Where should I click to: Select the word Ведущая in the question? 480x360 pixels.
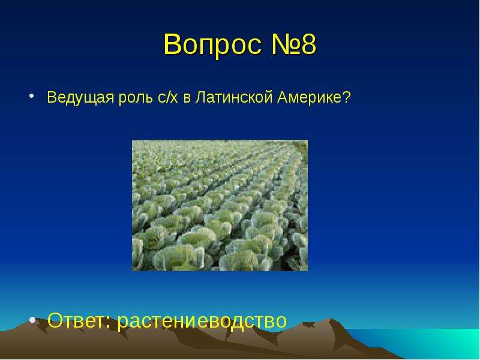[80, 98]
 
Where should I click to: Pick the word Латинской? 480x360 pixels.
[234, 97]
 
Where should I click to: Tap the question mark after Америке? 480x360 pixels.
[346, 97]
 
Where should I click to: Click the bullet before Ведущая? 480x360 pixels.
[31, 96]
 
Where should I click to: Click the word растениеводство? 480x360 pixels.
[202, 322]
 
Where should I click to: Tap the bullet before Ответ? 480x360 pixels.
[32, 320]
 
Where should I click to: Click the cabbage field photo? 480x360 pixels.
[220, 205]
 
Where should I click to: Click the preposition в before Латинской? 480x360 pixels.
[187, 98]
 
